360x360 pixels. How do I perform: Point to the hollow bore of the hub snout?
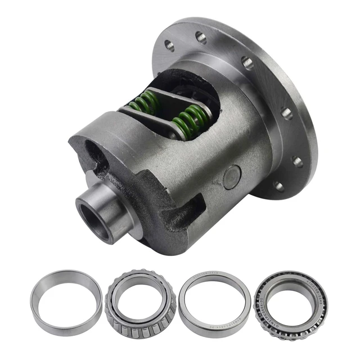[94, 216]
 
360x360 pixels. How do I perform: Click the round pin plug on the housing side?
[232, 179]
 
